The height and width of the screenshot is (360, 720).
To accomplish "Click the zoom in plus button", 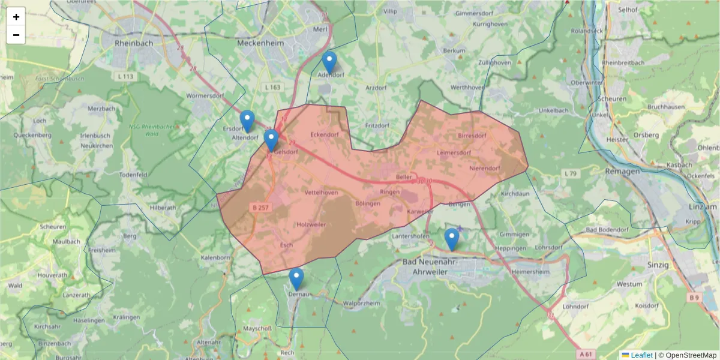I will (16, 17).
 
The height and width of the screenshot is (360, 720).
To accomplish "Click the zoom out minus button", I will (16, 35).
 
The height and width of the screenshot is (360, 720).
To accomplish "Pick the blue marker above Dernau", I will (296, 279).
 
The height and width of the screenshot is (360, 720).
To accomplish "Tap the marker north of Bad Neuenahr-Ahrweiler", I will (452, 239).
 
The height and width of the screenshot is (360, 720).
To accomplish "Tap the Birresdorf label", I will (472, 136).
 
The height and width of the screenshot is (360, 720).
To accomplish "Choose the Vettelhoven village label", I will (322, 193).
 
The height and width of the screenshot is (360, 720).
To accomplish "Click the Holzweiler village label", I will (311, 224).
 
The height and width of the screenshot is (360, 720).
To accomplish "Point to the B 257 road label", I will (260, 208).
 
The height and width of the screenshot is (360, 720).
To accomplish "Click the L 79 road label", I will (570, 173).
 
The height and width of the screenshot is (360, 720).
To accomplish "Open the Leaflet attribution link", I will (641, 355).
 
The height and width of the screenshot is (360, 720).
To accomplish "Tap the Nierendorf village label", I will (485, 168).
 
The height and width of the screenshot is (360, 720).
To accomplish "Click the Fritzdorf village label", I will (378, 126).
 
